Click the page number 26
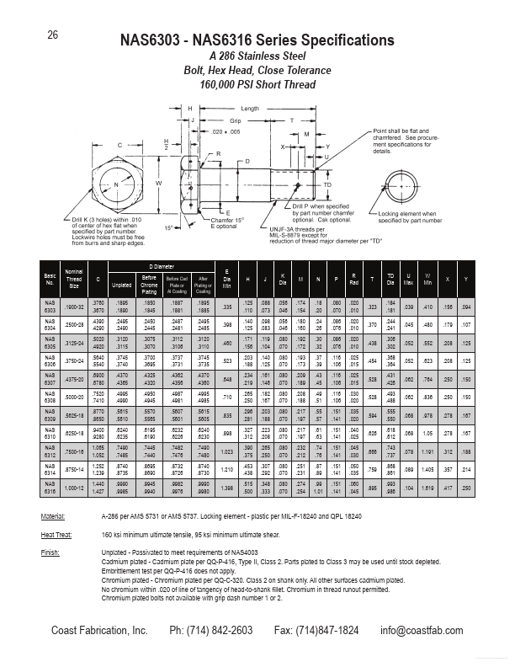[x=52, y=35]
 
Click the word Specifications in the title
[x=343, y=40]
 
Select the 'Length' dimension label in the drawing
[x=250, y=109]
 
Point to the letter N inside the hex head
[x=116, y=184]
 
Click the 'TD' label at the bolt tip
[x=327, y=184]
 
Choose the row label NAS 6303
[x=50, y=307]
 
